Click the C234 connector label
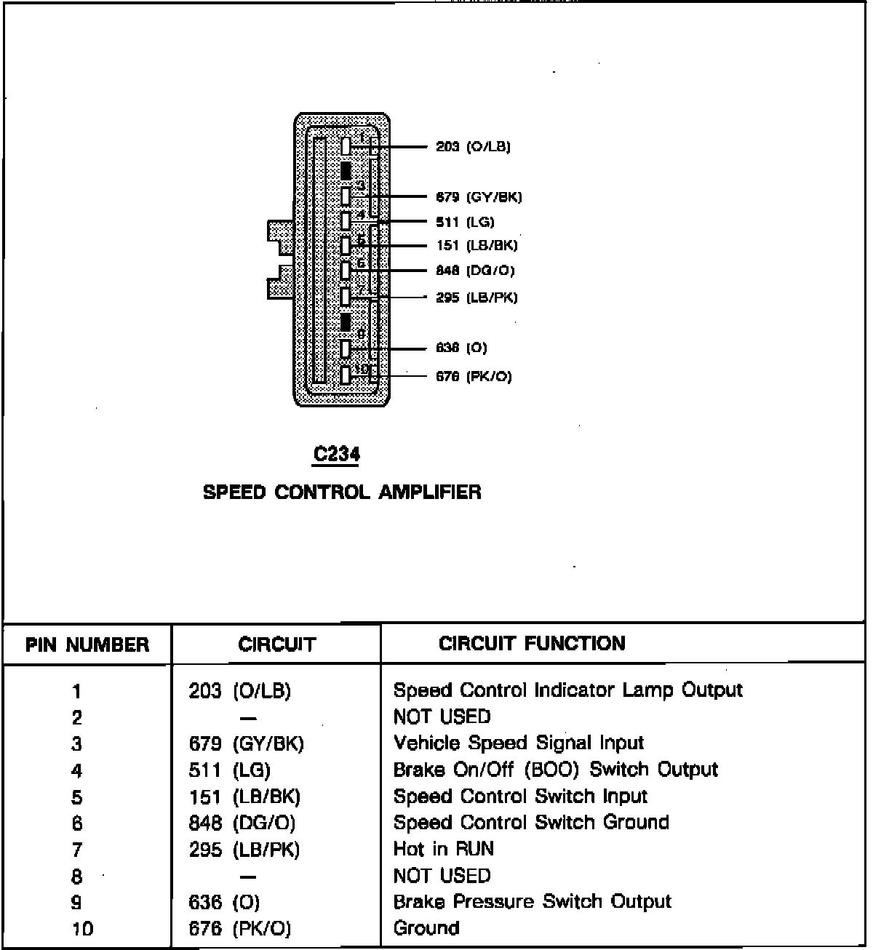click(x=336, y=455)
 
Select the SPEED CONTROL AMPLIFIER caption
click(x=342, y=492)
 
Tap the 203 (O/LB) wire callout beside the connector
click(x=473, y=147)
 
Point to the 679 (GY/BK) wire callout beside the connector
click(x=479, y=197)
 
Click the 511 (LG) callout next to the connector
click(x=465, y=222)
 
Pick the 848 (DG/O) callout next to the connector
click(x=475, y=271)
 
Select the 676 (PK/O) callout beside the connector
click(x=474, y=376)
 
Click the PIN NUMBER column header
click(x=87, y=644)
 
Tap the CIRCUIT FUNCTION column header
click(x=532, y=644)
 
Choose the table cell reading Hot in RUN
click(x=443, y=849)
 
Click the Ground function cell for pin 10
click(x=426, y=928)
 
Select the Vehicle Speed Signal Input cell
click(x=518, y=743)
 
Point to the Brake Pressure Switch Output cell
click(x=532, y=902)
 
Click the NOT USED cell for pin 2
click(x=442, y=717)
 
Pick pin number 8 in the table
click(x=77, y=877)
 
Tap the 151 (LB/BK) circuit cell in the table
click(x=244, y=797)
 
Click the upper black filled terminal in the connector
click(x=346, y=171)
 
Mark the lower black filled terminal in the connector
click(x=346, y=322)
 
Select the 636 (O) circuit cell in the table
click(x=224, y=903)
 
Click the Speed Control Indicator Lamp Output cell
click(x=567, y=690)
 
